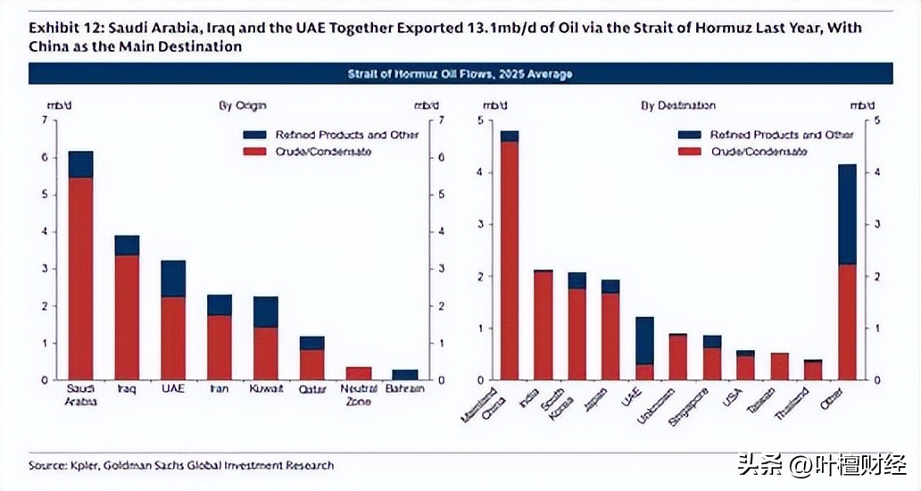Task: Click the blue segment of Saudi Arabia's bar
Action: click(x=80, y=164)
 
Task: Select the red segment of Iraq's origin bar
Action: click(x=127, y=317)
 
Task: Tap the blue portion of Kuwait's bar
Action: click(x=265, y=312)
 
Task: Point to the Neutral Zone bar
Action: click(x=358, y=373)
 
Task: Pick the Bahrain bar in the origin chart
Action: click(x=404, y=375)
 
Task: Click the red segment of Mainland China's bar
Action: click(x=510, y=259)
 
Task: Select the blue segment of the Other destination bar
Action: click(x=847, y=214)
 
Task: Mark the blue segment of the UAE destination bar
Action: click(x=644, y=340)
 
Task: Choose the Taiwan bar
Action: click(x=779, y=366)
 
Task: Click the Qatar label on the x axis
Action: click(x=311, y=389)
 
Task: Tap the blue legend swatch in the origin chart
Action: click(x=254, y=135)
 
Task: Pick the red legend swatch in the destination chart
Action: click(x=690, y=151)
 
